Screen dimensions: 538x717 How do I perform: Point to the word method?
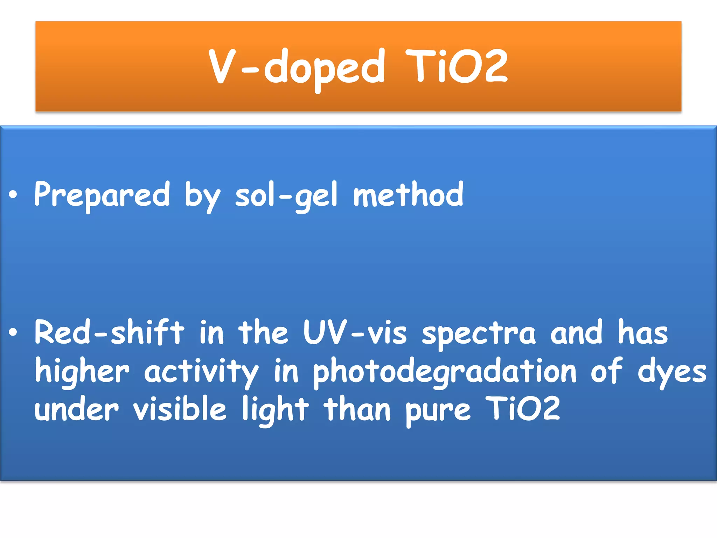point(408,195)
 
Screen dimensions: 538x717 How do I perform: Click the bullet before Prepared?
point(13,195)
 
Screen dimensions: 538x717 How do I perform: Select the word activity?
point(201,372)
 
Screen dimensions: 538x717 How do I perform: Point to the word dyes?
point(672,372)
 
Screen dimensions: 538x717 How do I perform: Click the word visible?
point(180,409)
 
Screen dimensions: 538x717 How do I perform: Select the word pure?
point(438,411)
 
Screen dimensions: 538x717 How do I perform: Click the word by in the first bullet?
point(202,196)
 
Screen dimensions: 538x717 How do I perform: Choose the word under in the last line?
point(77,409)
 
